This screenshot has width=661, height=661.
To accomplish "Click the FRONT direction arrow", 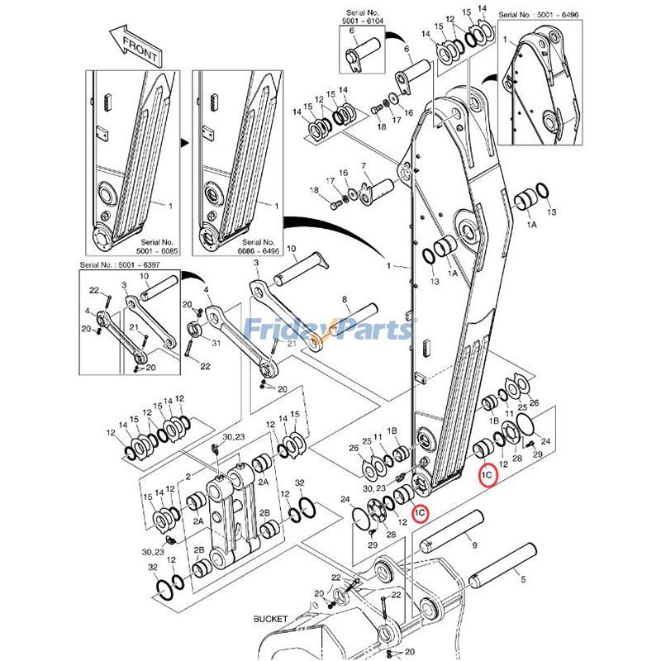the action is point(135,46).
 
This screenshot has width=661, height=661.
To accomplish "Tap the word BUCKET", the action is point(270,619).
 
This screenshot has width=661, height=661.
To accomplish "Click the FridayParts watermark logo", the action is point(329,329).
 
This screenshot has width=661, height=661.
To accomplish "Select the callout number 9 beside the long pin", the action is point(474,545).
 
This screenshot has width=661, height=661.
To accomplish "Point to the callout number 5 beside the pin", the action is point(523,579).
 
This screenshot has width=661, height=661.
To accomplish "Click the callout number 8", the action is point(345,300).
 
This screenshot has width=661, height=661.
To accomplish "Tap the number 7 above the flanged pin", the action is point(364,166).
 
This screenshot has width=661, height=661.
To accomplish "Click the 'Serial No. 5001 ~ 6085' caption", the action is point(157,246).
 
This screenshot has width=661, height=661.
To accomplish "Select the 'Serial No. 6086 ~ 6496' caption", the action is point(259,246).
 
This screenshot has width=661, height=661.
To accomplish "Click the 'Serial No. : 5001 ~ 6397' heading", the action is point(120,264).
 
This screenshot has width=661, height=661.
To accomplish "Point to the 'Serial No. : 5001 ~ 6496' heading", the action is point(539,15).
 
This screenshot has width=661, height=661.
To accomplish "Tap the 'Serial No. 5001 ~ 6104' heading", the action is point(362,17).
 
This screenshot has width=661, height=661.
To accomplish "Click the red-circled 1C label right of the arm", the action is point(487,475).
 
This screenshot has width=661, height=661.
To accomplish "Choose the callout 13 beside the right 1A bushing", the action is point(551,212).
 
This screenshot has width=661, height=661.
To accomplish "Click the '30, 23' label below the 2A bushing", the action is point(152,552).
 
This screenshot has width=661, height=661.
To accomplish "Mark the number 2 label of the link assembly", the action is point(188,477).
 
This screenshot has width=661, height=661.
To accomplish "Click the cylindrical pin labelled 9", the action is point(450,531).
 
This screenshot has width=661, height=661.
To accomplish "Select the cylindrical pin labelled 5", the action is point(502,564).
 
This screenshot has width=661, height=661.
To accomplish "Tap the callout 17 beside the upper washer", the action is point(397,120).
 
